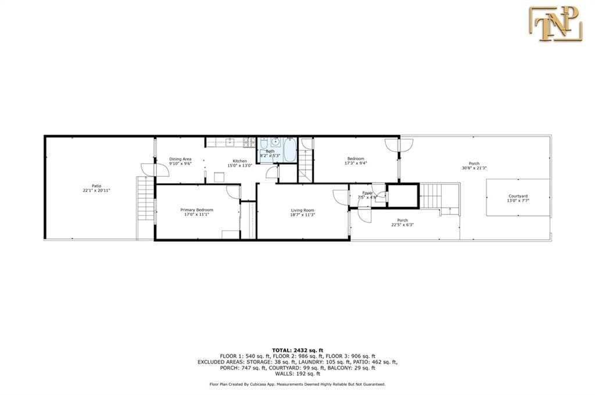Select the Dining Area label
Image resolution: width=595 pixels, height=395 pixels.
180,158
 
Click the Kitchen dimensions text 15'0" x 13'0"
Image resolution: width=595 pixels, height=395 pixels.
240,166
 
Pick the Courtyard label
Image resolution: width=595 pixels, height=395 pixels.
518,196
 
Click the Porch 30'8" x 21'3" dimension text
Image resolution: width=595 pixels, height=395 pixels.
474,168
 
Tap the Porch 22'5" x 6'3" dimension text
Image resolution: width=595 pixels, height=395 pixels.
402,224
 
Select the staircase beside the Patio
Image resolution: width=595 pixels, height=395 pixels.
145,198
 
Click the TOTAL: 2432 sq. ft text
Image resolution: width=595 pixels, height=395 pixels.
297,350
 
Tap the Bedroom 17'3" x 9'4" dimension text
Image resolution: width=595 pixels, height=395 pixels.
356,163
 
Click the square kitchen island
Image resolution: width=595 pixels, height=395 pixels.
219,177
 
